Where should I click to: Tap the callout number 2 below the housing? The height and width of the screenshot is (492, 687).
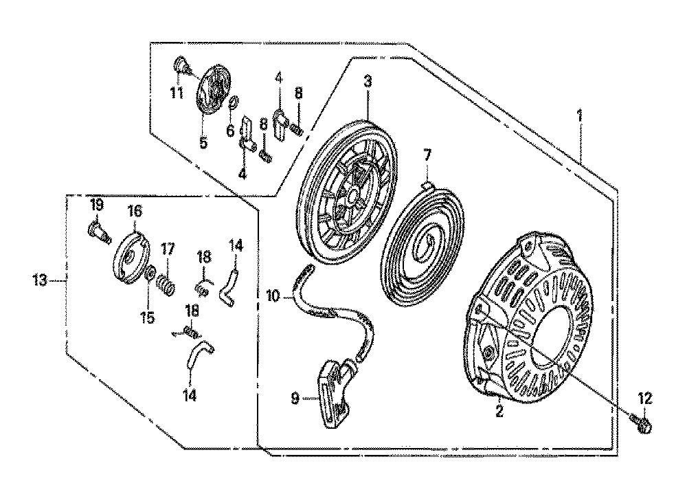[x=499, y=411]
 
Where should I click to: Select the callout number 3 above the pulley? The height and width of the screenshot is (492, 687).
[x=368, y=82]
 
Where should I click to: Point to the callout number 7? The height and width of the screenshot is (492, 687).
[x=427, y=155]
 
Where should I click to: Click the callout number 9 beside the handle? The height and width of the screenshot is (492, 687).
[x=295, y=399]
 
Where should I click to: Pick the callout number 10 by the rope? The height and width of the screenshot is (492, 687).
[x=273, y=296]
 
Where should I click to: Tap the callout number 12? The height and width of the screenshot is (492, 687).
[x=645, y=399]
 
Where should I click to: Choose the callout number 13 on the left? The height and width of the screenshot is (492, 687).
[x=40, y=280]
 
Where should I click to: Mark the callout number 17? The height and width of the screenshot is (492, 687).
[x=168, y=249]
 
